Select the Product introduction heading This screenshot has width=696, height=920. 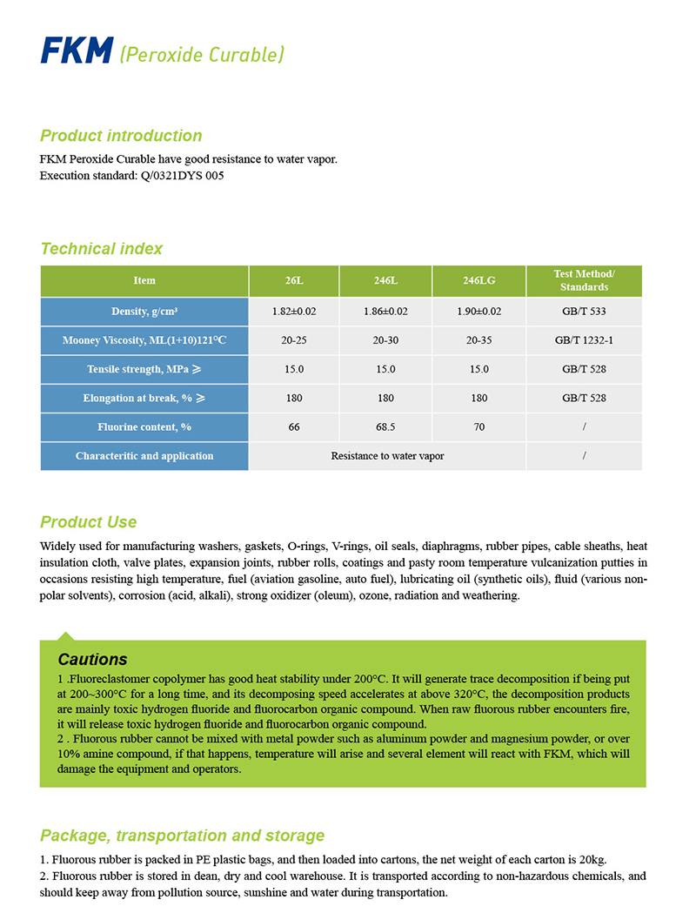(x=121, y=136)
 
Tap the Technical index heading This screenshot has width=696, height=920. (x=101, y=249)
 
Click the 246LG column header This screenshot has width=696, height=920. (x=478, y=281)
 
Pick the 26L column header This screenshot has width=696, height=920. (x=294, y=281)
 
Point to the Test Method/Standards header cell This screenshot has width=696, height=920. (x=584, y=280)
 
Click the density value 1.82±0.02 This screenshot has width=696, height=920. (x=294, y=312)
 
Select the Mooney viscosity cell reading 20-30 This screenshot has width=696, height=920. (x=385, y=340)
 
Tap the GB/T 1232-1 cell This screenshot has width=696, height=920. (x=584, y=340)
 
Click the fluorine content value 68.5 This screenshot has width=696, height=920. (x=385, y=427)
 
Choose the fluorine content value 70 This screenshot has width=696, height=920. (x=478, y=427)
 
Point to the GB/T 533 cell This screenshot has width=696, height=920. (x=584, y=312)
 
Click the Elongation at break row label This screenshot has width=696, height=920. (x=144, y=399)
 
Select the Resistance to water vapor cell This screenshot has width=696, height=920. (x=387, y=456)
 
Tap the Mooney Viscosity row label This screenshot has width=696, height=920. (x=144, y=340)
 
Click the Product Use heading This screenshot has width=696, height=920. (x=88, y=522)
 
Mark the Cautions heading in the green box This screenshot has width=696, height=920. (x=92, y=660)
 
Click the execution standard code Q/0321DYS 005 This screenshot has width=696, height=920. (x=187, y=175)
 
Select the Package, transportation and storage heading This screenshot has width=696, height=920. (x=182, y=836)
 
